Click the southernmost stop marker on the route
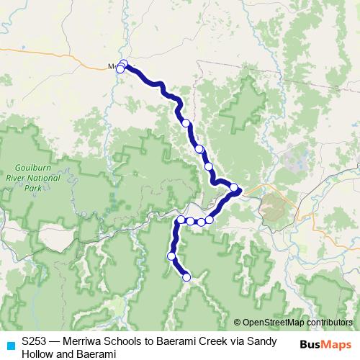(186, 276)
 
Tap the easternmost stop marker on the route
(234, 188)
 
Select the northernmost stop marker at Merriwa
(123, 63)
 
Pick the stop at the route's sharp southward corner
(181, 220)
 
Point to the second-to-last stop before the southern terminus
(172, 256)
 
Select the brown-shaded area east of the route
(274, 208)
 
